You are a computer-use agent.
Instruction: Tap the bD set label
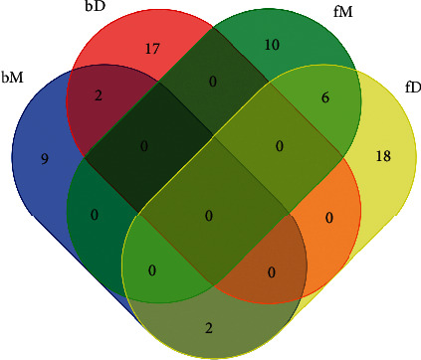click(x=97, y=8)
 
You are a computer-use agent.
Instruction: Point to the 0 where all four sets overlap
click(x=208, y=215)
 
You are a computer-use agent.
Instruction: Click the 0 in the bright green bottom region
click(x=153, y=270)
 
